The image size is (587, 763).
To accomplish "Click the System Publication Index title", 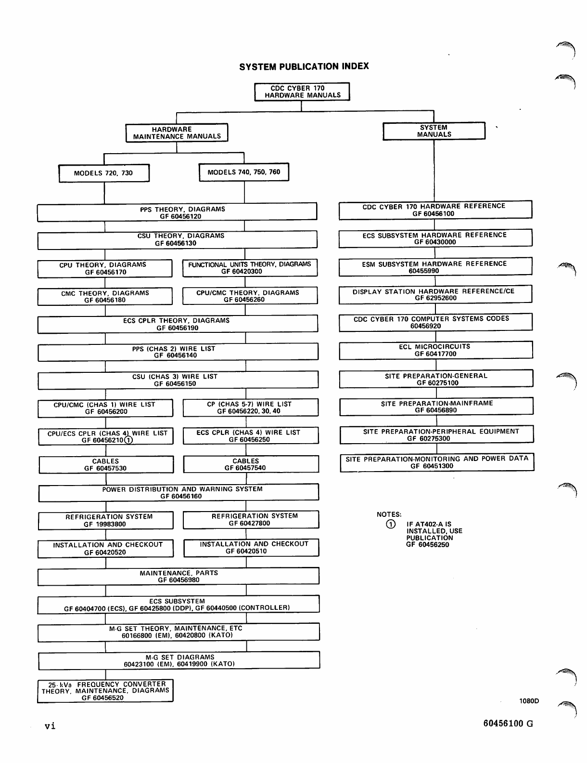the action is (304, 66).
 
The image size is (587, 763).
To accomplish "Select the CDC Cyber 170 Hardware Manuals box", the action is (302, 92).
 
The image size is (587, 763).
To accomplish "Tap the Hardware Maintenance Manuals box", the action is (177, 133).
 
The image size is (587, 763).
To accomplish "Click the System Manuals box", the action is (434, 131).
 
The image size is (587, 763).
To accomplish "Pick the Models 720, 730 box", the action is (103, 173).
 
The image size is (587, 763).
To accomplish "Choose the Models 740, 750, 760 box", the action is (244, 172).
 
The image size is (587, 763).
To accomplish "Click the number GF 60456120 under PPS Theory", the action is (180, 217).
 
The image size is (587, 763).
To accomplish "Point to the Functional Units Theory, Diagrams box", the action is (250, 268).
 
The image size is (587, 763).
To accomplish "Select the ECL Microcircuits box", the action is (435, 350).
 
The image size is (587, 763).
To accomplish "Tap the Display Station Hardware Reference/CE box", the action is (435, 295).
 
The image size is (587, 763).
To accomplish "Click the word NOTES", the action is (389, 514).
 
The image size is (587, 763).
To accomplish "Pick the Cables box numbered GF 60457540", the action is (251, 464).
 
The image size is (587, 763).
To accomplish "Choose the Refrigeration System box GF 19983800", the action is (105, 521).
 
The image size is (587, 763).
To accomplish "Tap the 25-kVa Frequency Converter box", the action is (105, 691).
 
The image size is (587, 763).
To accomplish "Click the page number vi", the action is (50, 726).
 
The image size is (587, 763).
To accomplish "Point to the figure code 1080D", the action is (529, 701).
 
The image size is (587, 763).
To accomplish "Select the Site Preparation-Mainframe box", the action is (436, 407).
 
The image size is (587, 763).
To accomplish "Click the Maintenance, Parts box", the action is (179, 577).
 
